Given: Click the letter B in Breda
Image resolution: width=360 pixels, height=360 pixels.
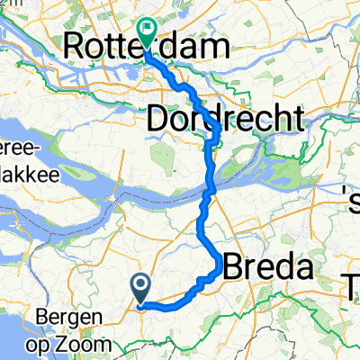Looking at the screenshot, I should [x=232, y=267].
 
